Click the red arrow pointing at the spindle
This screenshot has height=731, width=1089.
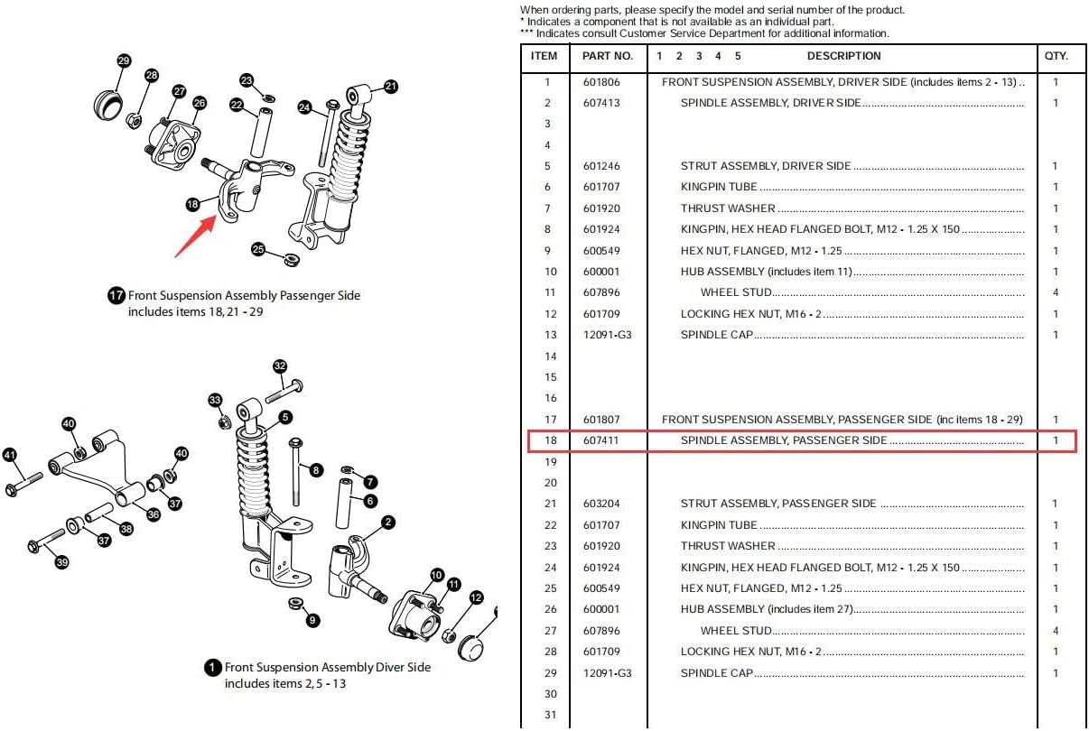(195, 236)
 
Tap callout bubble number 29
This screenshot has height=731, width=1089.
(124, 60)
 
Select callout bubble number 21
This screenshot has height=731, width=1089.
(391, 87)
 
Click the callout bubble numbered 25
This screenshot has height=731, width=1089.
(258, 249)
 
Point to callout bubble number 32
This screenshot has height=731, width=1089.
(280, 366)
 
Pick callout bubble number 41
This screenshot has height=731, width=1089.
(10, 455)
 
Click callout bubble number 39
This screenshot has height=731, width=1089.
(61, 562)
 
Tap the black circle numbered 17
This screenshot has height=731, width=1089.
(116, 295)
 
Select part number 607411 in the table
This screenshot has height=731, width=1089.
(600, 440)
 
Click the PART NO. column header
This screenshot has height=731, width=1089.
(607, 56)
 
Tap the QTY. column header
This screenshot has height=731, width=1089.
(1056, 56)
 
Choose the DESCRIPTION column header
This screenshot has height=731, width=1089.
(843, 56)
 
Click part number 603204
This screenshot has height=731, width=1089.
(601, 504)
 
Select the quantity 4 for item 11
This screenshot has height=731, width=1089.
(1056, 292)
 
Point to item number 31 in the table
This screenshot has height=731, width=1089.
(550, 715)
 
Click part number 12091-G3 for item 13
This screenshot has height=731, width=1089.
(607, 335)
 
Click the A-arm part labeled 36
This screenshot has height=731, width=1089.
(98, 467)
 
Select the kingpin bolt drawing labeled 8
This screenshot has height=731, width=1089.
(295, 471)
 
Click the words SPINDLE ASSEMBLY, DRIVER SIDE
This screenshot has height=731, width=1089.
(770, 103)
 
